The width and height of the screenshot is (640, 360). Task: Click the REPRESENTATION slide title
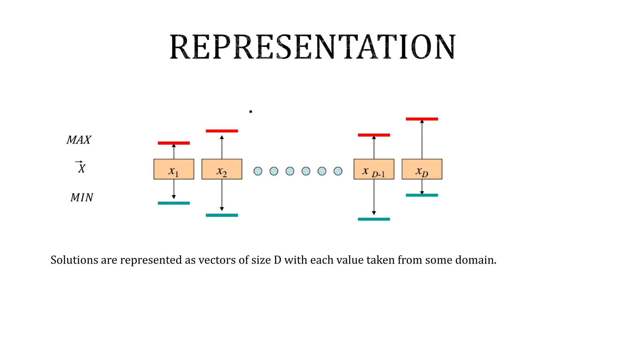(x=312, y=47)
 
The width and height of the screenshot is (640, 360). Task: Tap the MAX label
(x=79, y=140)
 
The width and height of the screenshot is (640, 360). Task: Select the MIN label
(x=82, y=197)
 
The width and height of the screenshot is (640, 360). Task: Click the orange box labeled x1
(x=174, y=169)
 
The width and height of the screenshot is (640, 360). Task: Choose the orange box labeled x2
(x=222, y=169)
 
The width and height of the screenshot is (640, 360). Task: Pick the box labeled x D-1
(x=374, y=169)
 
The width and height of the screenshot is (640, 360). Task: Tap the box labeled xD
(x=422, y=169)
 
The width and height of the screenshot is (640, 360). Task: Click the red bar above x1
(x=174, y=143)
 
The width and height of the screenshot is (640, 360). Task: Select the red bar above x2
(x=222, y=131)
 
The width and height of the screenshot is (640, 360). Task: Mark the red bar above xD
(x=422, y=119)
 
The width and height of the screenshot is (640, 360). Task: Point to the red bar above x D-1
(x=374, y=135)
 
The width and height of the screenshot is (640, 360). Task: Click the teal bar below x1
(x=174, y=203)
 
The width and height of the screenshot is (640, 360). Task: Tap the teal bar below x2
(x=222, y=215)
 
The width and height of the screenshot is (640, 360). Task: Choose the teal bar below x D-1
(x=374, y=219)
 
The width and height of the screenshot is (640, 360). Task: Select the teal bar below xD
(x=422, y=195)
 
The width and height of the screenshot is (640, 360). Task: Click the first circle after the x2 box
(x=258, y=171)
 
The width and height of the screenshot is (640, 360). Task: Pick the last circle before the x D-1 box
(x=338, y=171)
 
